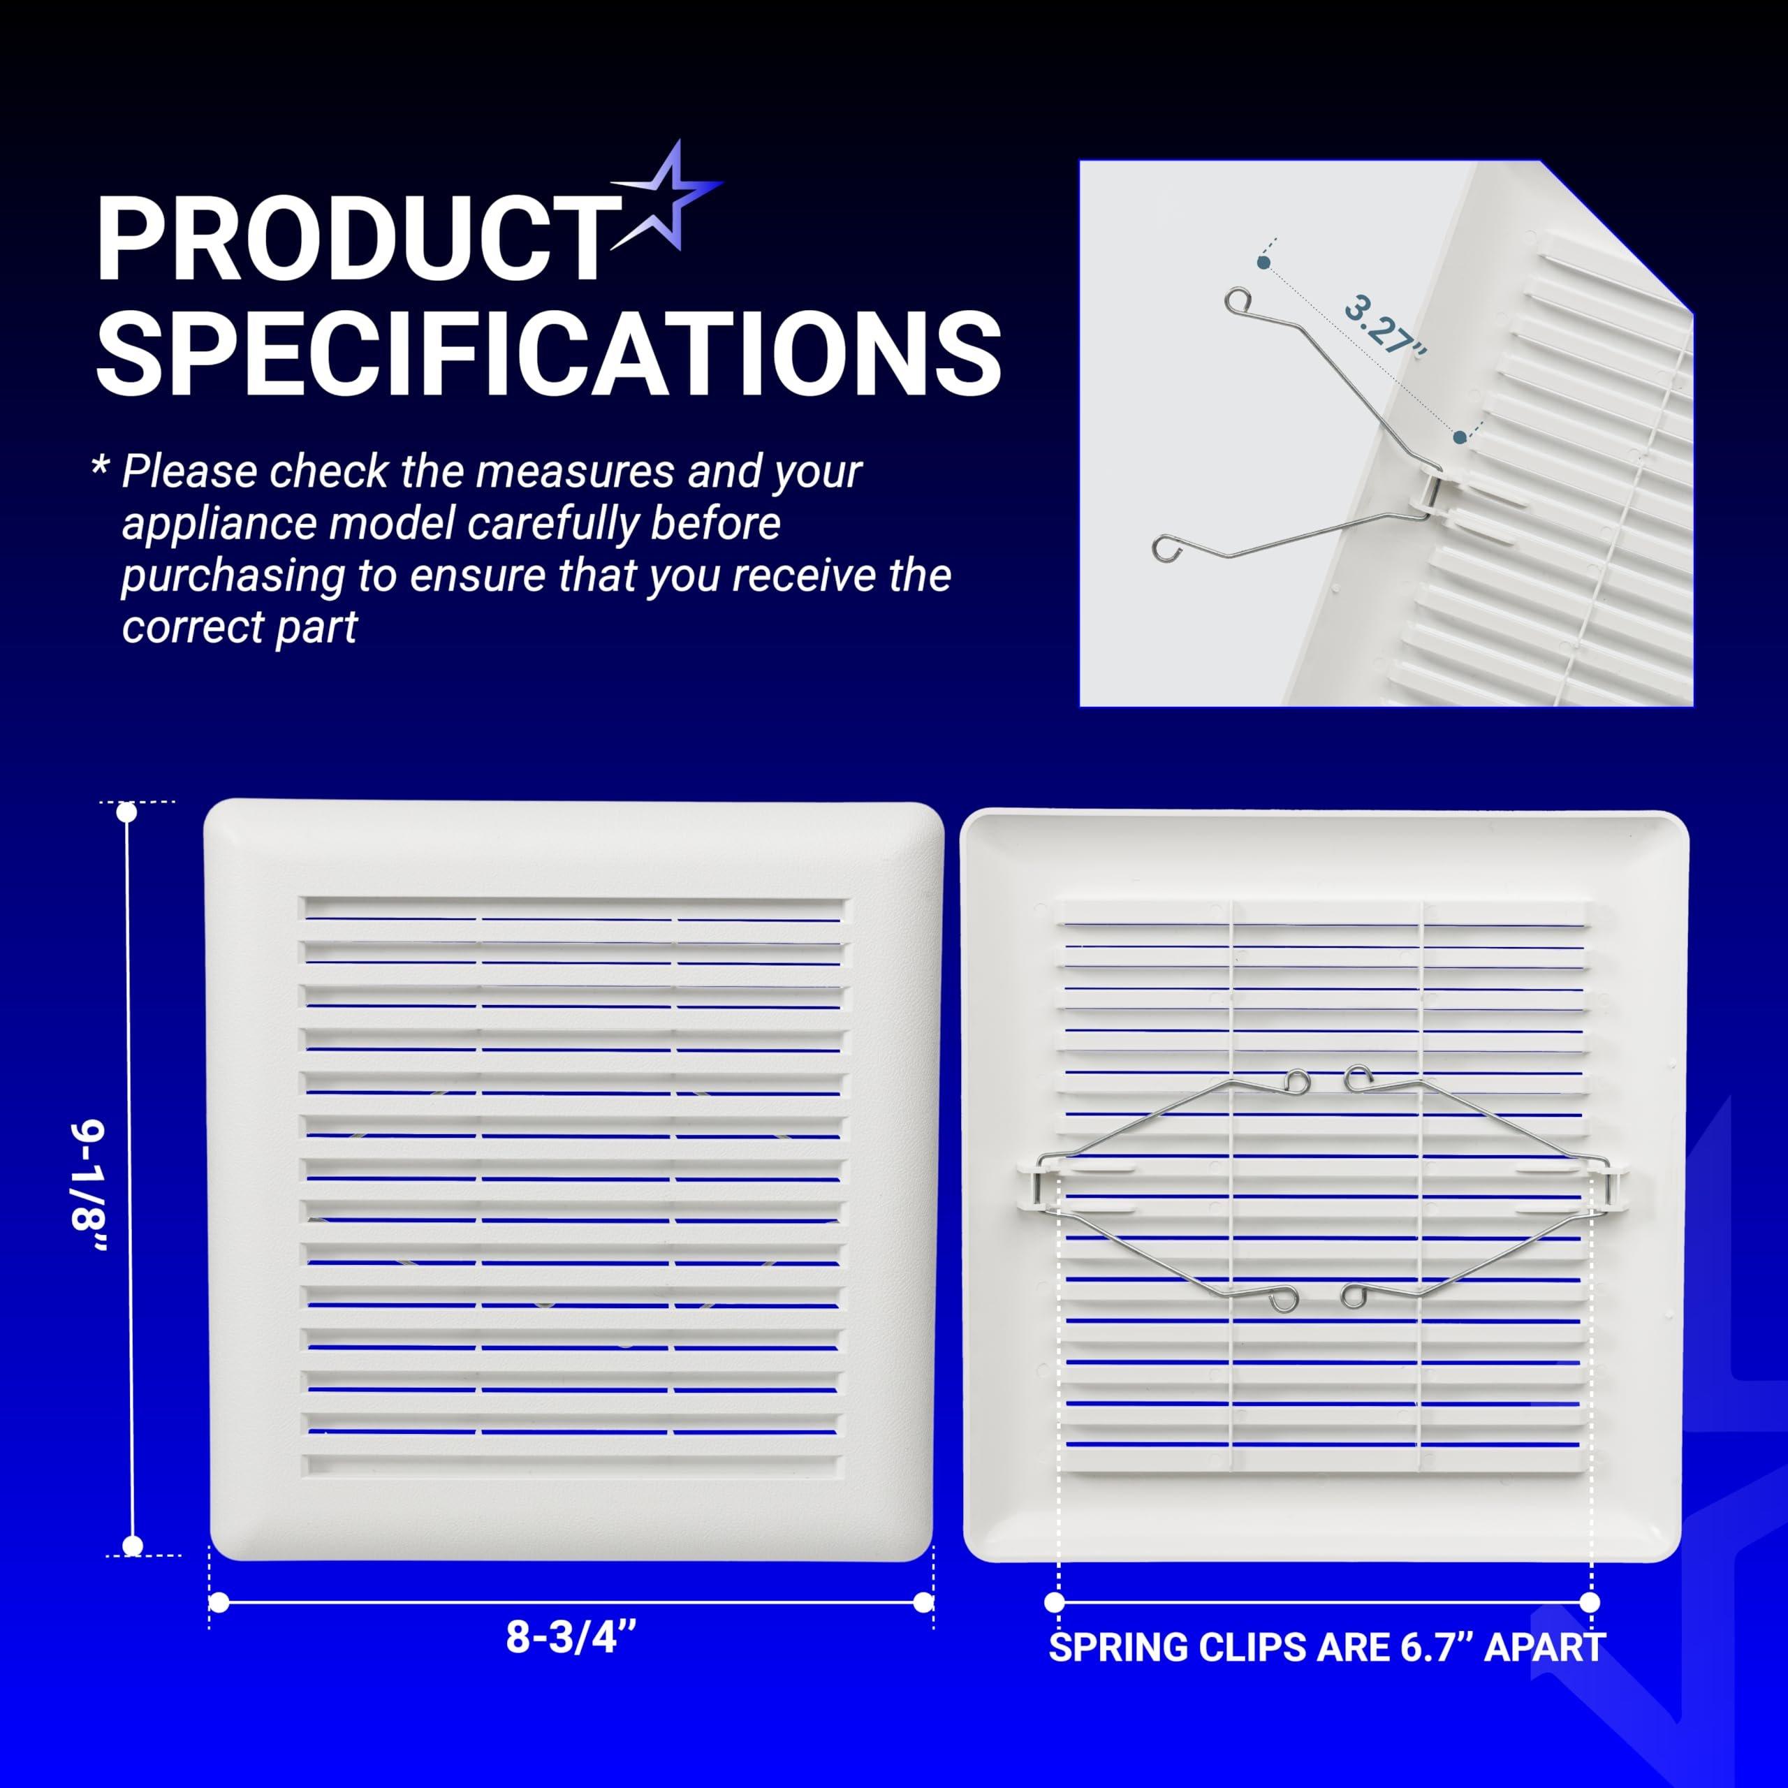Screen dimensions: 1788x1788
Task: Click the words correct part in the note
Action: [x=240, y=627]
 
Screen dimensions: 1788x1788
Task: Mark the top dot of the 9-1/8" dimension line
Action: [x=128, y=812]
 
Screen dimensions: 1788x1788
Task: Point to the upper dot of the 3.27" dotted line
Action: [x=1263, y=263]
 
